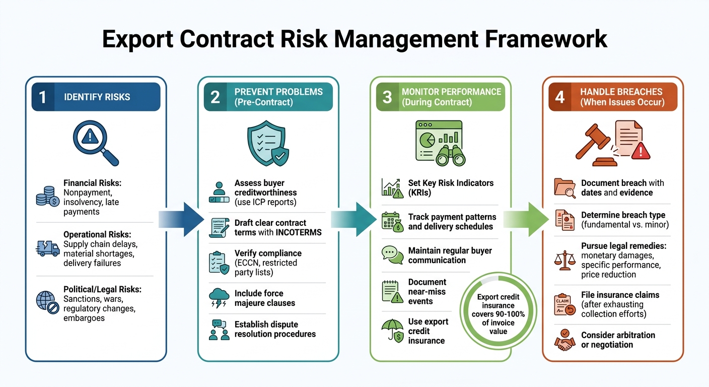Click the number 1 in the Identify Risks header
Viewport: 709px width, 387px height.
coord(43,97)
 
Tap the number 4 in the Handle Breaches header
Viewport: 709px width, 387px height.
coord(559,97)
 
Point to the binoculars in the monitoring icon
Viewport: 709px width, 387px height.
coord(449,154)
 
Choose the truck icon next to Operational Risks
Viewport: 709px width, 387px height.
coord(48,248)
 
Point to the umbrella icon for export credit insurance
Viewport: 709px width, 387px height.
coord(392,331)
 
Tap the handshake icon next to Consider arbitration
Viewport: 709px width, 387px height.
coord(564,340)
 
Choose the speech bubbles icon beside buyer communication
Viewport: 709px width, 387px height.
coord(392,255)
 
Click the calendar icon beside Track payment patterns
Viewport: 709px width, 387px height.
coord(392,221)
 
